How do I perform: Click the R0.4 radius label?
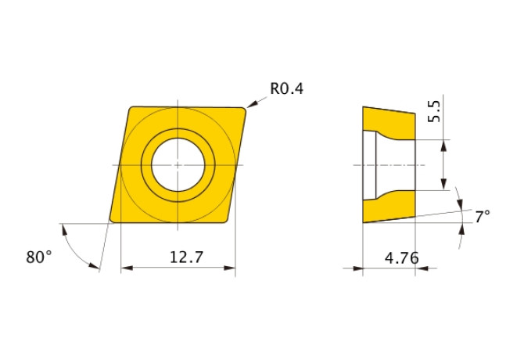287,89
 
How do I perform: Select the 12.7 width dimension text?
186,257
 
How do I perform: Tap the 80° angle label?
39,257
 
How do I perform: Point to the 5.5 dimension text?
434,111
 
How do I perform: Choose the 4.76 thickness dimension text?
402,258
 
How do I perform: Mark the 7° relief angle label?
483,217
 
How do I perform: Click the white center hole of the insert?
178,165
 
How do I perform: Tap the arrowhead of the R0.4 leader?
251,104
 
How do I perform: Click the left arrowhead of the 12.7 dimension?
127,268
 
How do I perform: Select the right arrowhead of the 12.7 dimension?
230,268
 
